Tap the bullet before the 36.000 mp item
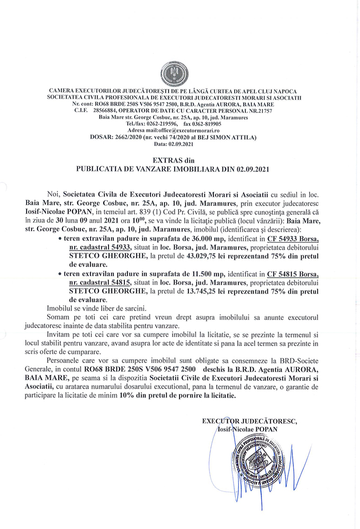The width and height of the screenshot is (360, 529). pos(59,239)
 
